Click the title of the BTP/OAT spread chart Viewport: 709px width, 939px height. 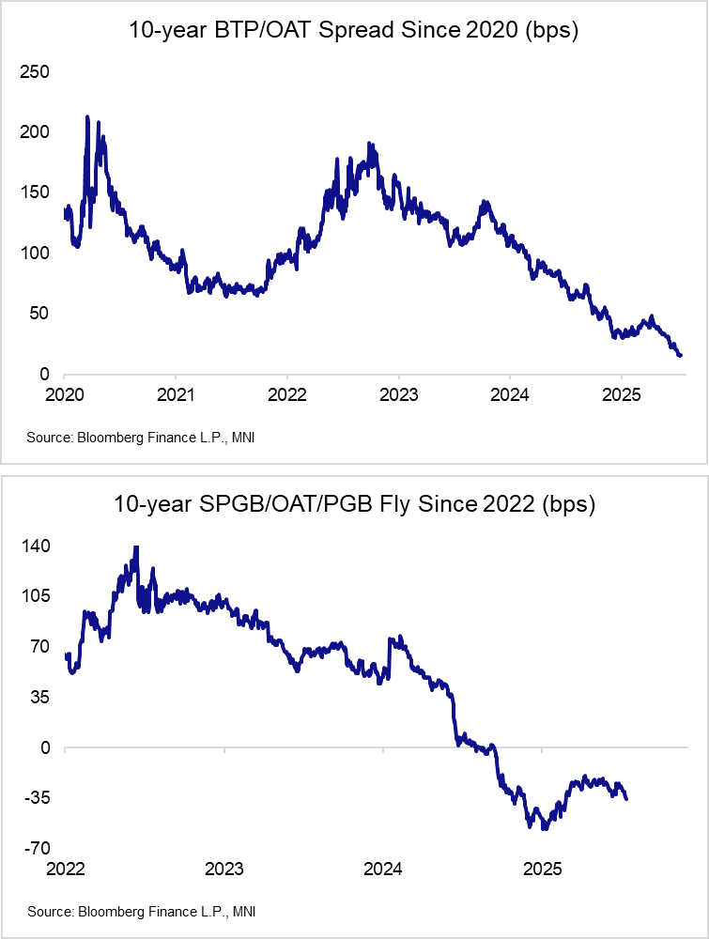(x=354, y=30)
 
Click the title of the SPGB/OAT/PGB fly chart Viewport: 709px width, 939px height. (x=354, y=504)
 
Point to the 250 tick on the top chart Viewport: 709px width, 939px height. (x=36, y=71)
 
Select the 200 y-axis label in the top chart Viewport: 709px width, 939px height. (x=36, y=132)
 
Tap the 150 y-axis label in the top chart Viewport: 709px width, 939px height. (x=36, y=192)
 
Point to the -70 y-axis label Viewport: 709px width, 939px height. (x=39, y=848)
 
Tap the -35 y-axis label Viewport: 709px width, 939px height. (x=39, y=798)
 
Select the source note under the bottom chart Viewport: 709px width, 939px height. (x=141, y=911)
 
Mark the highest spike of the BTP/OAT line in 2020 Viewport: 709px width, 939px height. (x=87, y=117)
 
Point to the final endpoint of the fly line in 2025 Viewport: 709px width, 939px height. (x=626, y=798)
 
